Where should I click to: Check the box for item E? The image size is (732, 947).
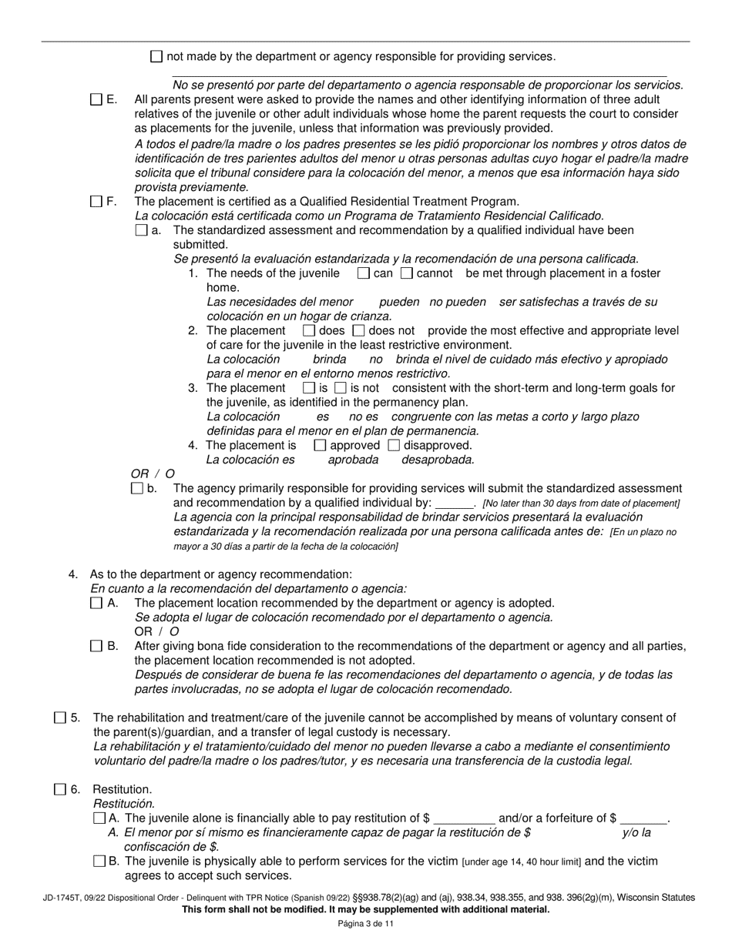(x=96, y=99)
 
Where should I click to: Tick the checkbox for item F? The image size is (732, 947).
(x=96, y=202)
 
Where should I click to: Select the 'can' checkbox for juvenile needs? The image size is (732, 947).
(x=364, y=273)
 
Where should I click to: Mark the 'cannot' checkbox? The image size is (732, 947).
(x=407, y=273)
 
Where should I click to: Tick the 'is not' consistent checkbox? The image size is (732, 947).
(x=341, y=388)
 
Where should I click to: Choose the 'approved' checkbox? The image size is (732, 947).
(x=321, y=445)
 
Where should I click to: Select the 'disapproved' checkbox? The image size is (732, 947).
(x=394, y=445)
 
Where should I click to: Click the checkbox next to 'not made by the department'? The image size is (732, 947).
(x=156, y=56)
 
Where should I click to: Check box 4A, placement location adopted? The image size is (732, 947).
(x=96, y=604)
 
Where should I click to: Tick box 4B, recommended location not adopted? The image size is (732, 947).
(x=96, y=646)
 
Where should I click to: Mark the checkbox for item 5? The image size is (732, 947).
(x=60, y=718)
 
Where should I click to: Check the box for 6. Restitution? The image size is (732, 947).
(x=60, y=789)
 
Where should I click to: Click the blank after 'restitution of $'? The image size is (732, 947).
(x=465, y=819)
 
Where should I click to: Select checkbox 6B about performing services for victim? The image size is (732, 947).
(x=99, y=862)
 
